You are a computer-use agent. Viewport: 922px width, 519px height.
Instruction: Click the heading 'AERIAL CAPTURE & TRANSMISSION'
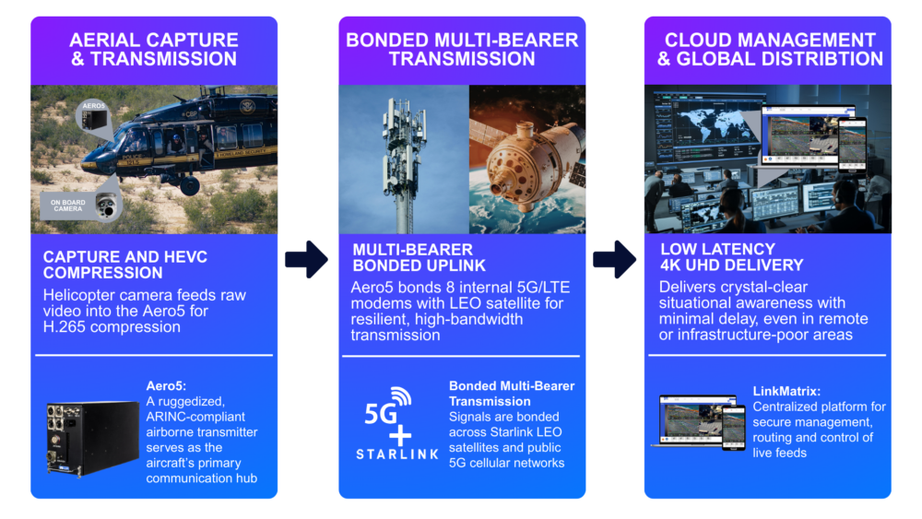(154, 50)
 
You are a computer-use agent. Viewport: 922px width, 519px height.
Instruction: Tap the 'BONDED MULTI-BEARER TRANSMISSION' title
(462, 50)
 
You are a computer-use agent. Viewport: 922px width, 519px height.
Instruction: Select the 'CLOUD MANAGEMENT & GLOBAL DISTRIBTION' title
(770, 50)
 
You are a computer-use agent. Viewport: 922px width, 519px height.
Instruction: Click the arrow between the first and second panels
(306, 259)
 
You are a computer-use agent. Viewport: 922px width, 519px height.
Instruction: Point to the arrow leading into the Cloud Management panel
(614, 259)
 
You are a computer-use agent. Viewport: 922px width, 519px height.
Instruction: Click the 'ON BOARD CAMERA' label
(67, 206)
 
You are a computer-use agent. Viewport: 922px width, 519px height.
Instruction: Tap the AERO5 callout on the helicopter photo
(94, 116)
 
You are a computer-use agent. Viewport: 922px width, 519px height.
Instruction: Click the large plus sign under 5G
(400, 436)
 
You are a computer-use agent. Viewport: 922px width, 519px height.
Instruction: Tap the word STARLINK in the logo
(397, 454)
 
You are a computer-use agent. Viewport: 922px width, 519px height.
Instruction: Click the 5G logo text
(387, 407)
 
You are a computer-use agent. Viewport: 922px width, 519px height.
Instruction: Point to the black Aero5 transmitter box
(92, 438)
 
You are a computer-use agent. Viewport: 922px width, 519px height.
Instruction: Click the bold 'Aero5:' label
(166, 385)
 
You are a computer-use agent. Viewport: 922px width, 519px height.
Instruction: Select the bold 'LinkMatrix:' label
(786, 391)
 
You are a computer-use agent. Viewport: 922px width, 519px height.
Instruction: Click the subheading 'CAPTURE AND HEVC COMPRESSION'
(125, 265)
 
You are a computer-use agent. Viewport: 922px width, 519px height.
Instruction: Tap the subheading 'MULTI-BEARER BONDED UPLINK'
(419, 257)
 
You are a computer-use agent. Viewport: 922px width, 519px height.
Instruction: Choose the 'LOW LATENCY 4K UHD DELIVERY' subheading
(731, 257)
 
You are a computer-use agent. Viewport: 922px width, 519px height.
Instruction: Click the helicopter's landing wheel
(190, 186)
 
